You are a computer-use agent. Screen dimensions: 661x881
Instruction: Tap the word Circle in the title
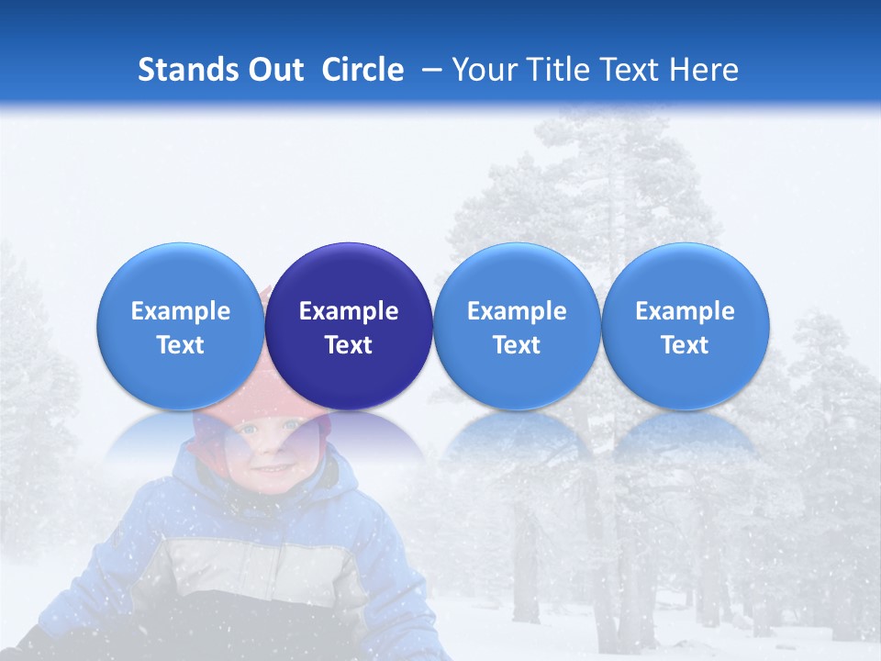[362, 70]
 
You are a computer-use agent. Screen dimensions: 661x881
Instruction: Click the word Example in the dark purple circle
[349, 311]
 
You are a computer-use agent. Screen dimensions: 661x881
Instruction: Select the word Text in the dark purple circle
[349, 345]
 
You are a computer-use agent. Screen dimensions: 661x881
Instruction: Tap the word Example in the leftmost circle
[181, 311]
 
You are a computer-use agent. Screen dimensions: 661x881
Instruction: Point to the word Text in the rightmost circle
[686, 345]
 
